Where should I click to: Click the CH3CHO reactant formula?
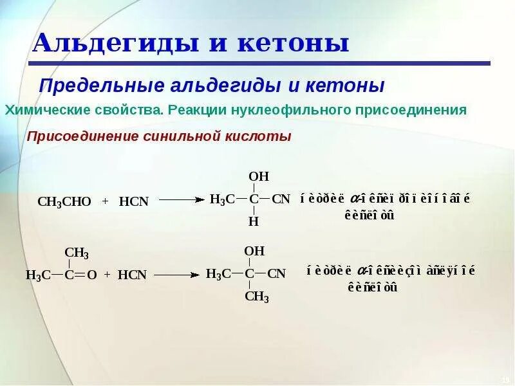click(x=64, y=201)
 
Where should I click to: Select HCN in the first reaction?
click(x=134, y=201)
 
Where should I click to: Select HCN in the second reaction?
click(x=133, y=275)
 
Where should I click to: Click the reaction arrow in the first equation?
click(x=181, y=200)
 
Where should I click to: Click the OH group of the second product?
click(x=254, y=251)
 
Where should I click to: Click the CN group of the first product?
click(x=281, y=199)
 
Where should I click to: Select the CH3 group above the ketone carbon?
click(x=77, y=253)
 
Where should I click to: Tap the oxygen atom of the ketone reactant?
click(x=92, y=275)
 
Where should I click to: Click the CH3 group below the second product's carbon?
click(x=257, y=297)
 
